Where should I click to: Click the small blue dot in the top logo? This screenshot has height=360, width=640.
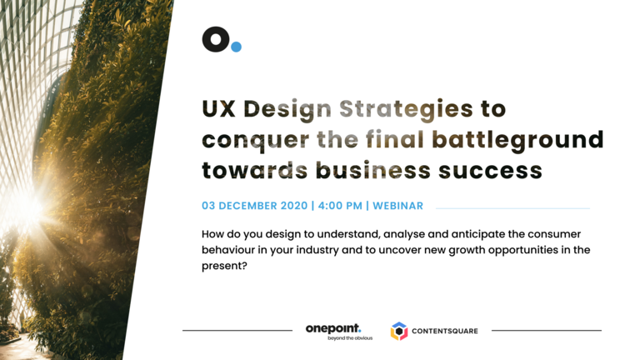point(237,47)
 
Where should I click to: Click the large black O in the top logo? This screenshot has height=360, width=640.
point(216,39)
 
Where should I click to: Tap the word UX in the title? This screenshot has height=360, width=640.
point(219,109)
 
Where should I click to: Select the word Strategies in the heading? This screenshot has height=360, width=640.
point(406,110)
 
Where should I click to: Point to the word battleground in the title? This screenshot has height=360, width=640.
point(517,141)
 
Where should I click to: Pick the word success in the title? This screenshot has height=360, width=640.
point(490,172)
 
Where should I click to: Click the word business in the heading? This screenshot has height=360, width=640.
point(373,170)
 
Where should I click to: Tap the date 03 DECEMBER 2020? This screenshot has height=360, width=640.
point(255,206)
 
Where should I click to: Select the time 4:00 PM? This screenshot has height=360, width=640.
point(340,206)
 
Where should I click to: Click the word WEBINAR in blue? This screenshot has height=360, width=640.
point(398,206)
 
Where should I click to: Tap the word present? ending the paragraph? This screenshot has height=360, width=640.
point(224,266)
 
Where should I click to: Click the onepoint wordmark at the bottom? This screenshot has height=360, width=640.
point(333,328)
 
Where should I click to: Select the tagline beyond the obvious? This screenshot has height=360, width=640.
point(350,338)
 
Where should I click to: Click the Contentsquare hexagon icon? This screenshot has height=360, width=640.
point(399,331)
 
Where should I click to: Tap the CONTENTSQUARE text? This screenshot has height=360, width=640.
point(445,331)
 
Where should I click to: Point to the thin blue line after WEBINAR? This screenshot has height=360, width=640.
point(513,208)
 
